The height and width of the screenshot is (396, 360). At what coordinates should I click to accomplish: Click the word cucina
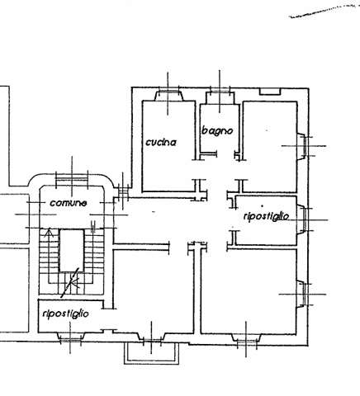coord(161,142)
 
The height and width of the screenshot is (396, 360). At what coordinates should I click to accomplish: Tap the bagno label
coord(217,130)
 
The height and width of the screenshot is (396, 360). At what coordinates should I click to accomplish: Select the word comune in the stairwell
coord(69,203)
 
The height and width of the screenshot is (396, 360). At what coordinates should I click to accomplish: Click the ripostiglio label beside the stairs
coord(66,313)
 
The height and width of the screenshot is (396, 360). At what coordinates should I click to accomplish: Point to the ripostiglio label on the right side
coord(266,216)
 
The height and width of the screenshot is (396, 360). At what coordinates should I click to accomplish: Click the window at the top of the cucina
coord(168,92)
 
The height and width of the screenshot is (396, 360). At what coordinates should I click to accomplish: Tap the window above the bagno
coord(220,92)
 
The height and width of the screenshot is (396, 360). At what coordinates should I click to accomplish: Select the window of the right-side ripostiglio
coord(305,219)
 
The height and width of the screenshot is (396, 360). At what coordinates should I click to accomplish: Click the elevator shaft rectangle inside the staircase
coord(72,251)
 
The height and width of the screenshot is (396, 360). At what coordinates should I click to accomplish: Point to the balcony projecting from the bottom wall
coord(151,352)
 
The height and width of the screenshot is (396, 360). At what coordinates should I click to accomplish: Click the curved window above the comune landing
coord(72,179)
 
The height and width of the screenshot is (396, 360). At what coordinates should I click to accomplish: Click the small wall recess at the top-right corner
coord(270,92)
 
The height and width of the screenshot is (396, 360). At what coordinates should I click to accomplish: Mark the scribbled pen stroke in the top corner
coord(324,11)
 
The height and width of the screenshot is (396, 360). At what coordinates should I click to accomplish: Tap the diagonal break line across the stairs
coord(70,283)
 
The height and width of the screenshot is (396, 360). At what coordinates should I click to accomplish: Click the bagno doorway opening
coord(225,155)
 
